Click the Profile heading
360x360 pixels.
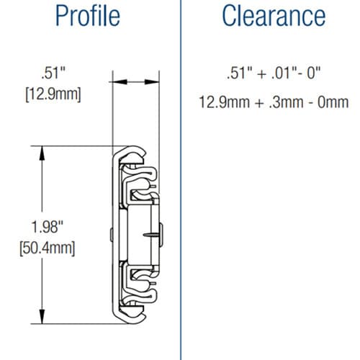[88, 16]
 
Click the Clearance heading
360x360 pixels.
[274, 15]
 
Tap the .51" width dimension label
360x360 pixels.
[53, 73]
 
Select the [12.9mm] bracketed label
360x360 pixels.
[53, 94]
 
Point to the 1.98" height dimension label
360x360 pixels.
[47, 227]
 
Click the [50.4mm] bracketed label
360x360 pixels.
[48, 248]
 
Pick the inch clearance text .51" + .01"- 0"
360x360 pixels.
[274, 73]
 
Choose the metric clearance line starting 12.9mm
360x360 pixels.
[274, 102]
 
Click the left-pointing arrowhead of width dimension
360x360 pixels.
[120, 82]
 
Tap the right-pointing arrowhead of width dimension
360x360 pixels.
[152, 82]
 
